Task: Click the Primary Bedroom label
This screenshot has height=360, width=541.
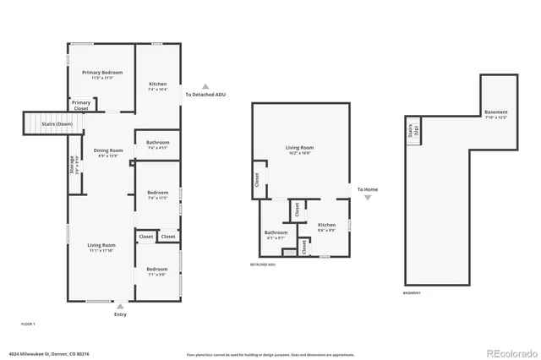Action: (x=102, y=73)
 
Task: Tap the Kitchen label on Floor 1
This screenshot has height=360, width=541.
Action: (x=158, y=85)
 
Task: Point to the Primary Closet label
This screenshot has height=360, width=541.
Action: (x=81, y=106)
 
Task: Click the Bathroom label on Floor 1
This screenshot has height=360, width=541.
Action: (x=158, y=142)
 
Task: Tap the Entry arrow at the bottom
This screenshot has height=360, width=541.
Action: (x=120, y=306)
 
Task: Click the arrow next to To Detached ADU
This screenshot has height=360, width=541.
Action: (x=204, y=85)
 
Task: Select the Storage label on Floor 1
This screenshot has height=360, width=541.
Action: (x=73, y=164)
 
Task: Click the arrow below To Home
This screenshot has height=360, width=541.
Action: (x=367, y=198)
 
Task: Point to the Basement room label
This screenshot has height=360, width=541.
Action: (x=496, y=112)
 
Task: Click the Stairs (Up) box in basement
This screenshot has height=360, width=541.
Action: (x=414, y=133)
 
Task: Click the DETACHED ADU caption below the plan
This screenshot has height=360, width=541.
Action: (x=263, y=264)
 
